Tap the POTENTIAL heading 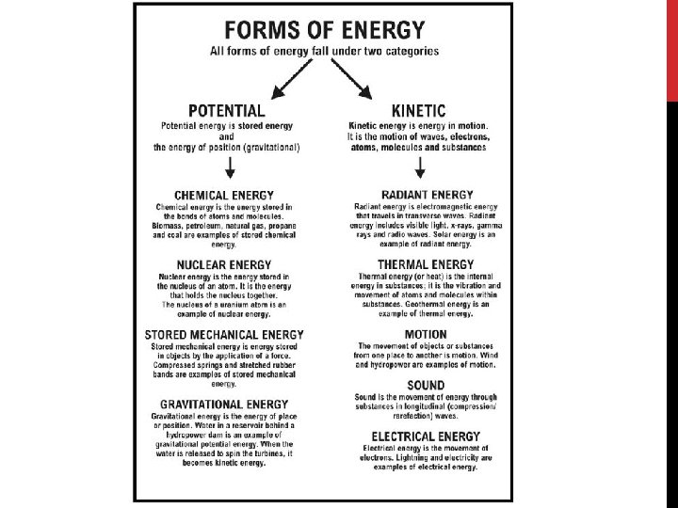[226, 111]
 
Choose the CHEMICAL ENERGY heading [224, 195]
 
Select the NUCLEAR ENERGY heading [224, 264]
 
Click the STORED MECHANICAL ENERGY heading [224, 335]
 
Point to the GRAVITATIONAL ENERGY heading [224, 405]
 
